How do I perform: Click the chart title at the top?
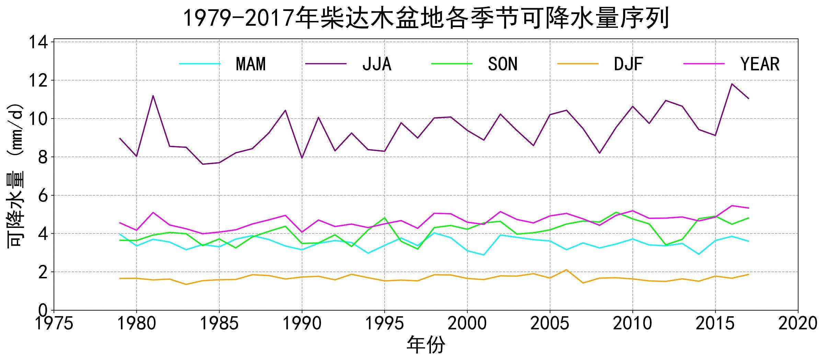[x=426, y=18]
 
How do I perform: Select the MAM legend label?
[x=251, y=64]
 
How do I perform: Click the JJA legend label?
[x=377, y=64]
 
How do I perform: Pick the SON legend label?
[x=503, y=64]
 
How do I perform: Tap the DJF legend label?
[x=628, y=64]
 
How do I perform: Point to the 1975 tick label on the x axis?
[x=54, y=324]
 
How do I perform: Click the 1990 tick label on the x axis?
[x=302, y=324]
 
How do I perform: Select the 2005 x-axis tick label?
[x=550, y=324]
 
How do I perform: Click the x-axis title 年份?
[x=426, y=345]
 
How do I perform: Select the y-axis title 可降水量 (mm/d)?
[x=16, y=175]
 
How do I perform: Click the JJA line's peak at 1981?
[x=153, y=96]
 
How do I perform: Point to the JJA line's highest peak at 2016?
[x=732, y=84]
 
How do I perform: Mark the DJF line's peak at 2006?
[x=566, y=270]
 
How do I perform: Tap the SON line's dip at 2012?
[x=666, y=245]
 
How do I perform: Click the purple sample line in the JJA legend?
[x=326, y=64]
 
